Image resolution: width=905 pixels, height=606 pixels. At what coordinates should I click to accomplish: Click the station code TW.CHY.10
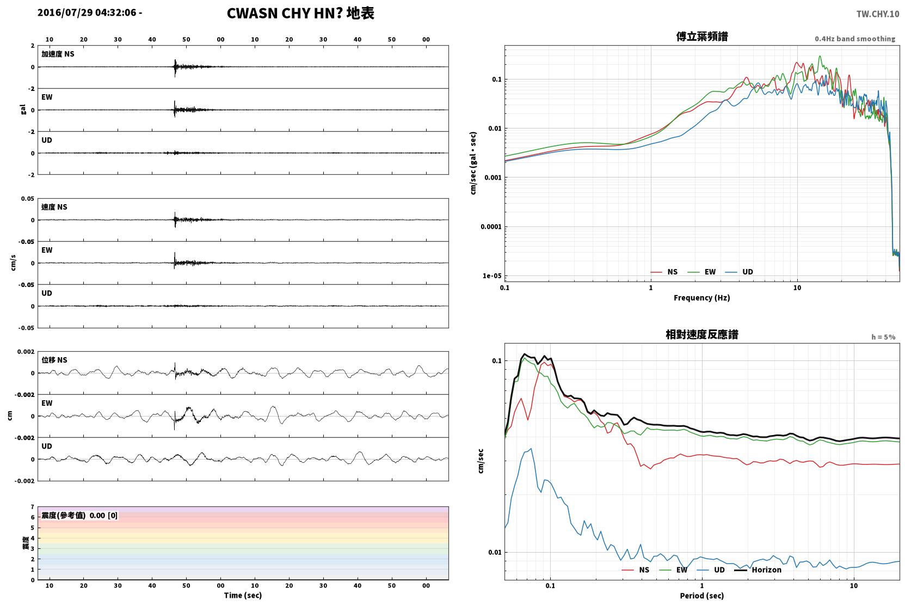(x=878, y=14)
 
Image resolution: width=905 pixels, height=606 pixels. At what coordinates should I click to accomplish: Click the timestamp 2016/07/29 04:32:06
(x=87, y=13)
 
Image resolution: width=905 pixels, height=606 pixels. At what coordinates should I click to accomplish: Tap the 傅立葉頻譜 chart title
(x=702, y=37)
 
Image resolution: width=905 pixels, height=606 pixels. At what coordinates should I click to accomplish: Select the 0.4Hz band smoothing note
(x=855, y=39)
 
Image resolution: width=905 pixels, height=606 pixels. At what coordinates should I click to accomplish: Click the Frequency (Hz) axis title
(x=702, y=298)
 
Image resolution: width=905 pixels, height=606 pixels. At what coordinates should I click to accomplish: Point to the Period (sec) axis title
(x=702, y=596)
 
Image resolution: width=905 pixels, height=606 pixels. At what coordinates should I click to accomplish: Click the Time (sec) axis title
(x=243, y=595)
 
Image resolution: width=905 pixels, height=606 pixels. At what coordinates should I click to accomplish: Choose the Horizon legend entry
(x=758, y=570)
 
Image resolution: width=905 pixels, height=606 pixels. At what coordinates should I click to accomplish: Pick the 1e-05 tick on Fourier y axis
(x=492, y=276)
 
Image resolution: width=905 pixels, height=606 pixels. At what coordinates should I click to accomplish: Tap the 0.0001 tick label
(x=491, y=227)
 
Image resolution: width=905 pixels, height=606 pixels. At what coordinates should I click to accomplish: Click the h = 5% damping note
(x=883, y=337)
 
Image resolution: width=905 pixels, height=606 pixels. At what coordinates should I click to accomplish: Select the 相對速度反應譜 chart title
(x=702, y=335)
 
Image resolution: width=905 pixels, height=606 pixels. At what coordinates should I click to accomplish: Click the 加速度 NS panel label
(x=58, y=54)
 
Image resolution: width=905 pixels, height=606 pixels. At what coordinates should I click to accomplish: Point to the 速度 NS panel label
(x=54, y=207)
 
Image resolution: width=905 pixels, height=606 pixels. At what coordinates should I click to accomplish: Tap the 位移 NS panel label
(x=54, y=360)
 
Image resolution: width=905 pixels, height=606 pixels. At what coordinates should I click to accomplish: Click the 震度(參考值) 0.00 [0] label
(x=79, y=516)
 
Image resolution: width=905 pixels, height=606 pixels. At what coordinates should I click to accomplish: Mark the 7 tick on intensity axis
(x=33, y=507)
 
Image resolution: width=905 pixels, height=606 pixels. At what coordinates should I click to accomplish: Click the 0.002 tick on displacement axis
(x=26, y=352)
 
